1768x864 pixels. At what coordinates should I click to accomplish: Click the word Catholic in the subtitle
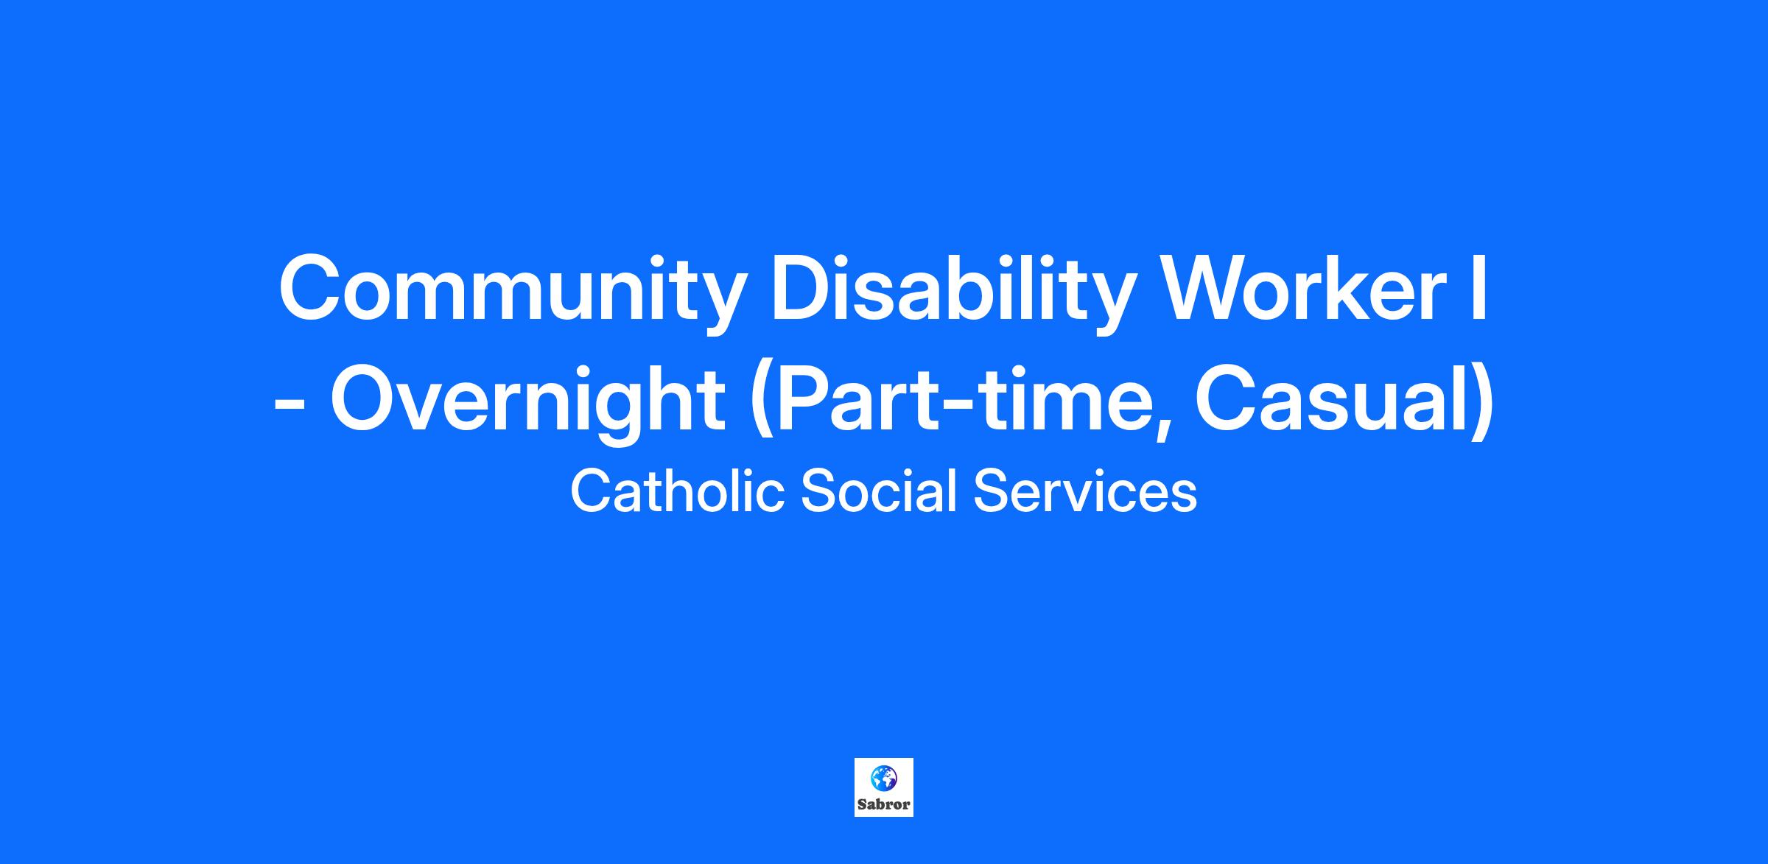click(x=677, y=491)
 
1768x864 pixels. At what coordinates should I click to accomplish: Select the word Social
click(x=879, y=491)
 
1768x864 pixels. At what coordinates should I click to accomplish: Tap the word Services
click(x=1085, y=491)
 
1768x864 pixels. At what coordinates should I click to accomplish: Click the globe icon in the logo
click(x=883, y=779)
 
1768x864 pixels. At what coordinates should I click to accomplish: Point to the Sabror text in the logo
click(x=883, y=805)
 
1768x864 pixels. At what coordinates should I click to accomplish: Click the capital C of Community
click(x=310, y=287)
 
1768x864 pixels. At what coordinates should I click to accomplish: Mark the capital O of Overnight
click(x=364, y=398)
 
